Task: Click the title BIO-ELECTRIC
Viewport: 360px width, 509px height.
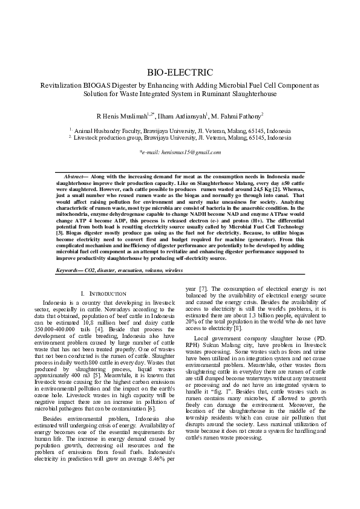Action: pos(180,73)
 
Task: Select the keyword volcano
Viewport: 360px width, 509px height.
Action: pos(155,270)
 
